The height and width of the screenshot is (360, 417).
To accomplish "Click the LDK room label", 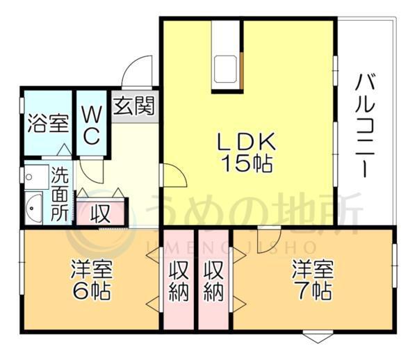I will click(247, 142).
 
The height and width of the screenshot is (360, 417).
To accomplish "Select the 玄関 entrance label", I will click(134, 106).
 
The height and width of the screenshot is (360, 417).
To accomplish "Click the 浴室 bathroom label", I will click(47, 126).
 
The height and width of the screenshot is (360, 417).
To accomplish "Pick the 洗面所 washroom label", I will click(60, 195).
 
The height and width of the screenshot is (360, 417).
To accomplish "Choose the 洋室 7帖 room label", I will click(310, 278).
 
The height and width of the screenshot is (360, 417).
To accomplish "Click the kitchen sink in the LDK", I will click(227, 68).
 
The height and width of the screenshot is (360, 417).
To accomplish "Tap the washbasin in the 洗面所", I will click(33, 207).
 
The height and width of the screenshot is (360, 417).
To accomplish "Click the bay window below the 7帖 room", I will click(314, 338).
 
